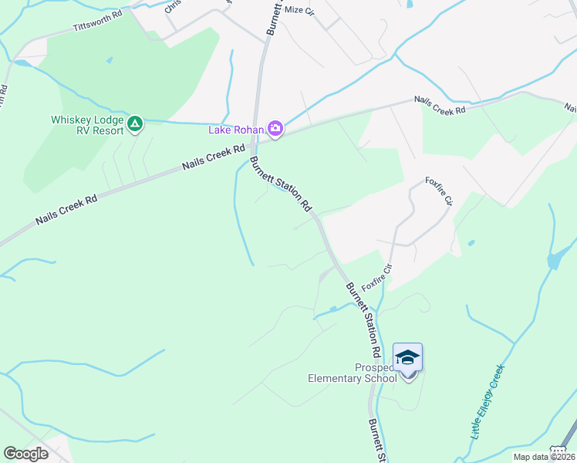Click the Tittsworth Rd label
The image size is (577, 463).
98,21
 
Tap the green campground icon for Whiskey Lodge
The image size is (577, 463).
136,123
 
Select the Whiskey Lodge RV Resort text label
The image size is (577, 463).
87,125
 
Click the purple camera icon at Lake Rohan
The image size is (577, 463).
275,129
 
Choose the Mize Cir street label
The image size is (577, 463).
300,10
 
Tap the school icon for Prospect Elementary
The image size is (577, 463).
407,358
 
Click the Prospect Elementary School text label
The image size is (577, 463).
352,373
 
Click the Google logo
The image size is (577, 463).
26,454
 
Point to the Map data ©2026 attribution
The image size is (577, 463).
544,457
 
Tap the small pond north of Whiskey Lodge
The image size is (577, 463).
110,59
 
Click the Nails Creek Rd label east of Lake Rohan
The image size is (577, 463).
440,105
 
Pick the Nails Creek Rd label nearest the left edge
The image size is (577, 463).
66,210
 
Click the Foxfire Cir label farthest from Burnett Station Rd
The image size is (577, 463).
437,190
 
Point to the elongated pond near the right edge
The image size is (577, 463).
554,261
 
